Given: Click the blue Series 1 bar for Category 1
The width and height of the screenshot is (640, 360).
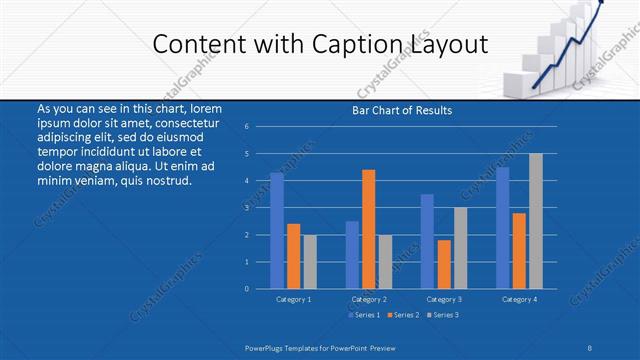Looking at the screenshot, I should [277, 231].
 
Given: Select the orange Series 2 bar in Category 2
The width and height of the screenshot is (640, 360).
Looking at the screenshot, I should [369, 229].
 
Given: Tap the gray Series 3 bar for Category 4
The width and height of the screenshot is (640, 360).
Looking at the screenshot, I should [536, 221].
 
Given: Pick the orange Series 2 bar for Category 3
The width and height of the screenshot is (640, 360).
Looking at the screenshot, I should [444, 264].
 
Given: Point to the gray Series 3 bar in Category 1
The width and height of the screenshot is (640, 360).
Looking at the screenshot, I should [310, 262].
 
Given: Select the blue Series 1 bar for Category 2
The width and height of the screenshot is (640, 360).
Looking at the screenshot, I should [352, 255].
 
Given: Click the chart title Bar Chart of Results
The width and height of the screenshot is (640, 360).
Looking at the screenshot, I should [402, 110].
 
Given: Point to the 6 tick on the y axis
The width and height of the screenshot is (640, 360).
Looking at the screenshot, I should [260, 127].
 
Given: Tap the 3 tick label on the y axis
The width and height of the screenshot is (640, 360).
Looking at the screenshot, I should [260, 208].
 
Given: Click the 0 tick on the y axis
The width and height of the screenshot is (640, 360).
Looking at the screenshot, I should [260, 289].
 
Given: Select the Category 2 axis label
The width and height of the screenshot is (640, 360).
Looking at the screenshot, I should [369, 299].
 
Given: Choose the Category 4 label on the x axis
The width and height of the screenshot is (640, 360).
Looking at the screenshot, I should [519, 299].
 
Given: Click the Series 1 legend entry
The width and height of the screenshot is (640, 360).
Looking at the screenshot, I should [363, 315].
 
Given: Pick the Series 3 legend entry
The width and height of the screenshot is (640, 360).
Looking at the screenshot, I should [443, 315].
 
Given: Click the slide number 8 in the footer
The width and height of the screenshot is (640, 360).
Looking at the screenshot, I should [590, 348].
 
